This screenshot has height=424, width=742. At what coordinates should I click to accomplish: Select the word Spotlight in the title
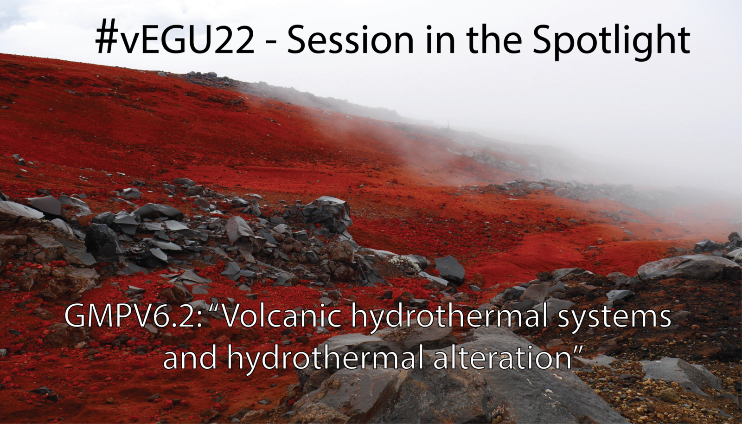click(x=611, y=41)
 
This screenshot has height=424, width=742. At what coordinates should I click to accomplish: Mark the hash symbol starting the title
click(x=106, y=40)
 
